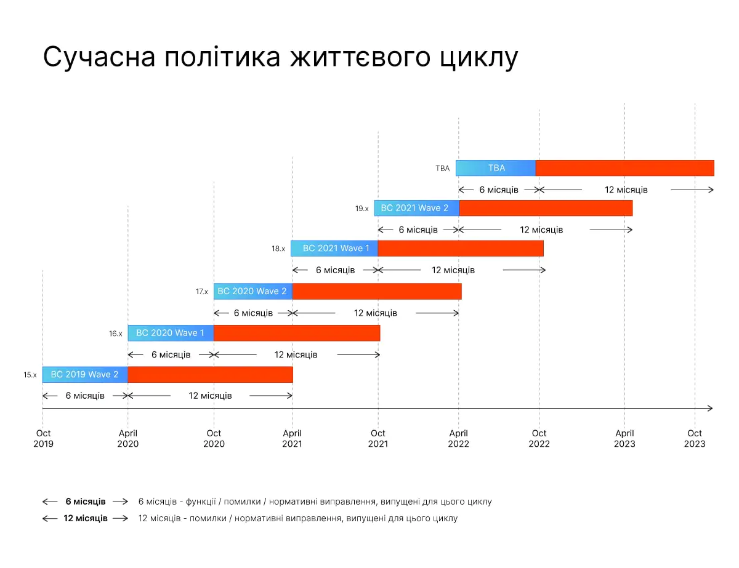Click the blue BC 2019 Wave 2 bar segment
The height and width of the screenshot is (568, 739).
(x=85, y=374)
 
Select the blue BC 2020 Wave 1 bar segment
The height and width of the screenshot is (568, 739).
(x=171, y=333)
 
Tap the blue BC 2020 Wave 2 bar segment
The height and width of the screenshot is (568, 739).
(x=252, y=291)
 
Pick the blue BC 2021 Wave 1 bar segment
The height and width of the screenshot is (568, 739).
(x=334, y=248)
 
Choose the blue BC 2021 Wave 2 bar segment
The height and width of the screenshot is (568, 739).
(x=416, y=208)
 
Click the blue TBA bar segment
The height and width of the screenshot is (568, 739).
(x=496, y=168)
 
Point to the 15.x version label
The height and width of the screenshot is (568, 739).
(x=30, y=374)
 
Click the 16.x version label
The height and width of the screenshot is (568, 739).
(x=116, y=334)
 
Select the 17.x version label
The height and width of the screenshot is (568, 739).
(x=202, y=292)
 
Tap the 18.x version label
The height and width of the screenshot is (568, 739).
(x=278, y=249)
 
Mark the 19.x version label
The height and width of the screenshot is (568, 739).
(x=361, y=209)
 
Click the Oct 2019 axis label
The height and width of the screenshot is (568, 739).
(x=43, y=438)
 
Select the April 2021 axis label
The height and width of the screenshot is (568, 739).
(x=292, y=438)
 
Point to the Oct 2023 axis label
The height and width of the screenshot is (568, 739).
(x=694, y=438)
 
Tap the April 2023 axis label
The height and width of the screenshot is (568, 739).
(x=624, y=438)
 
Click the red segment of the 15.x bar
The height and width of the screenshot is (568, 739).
(x=210, y=374)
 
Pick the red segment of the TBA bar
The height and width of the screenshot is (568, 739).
(x=624, y=168)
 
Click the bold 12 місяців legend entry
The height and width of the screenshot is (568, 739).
(x=86, y=518)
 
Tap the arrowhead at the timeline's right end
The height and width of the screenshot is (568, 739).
(x=710, y=408)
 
